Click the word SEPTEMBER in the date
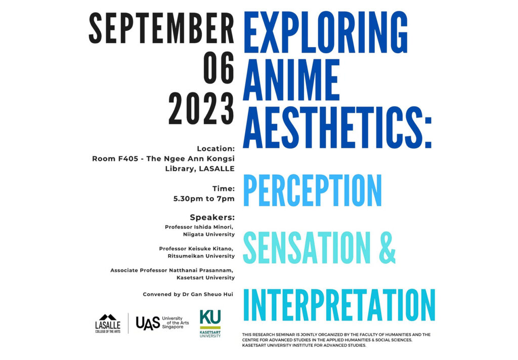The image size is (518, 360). click(x=161, y=28)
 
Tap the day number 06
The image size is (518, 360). click(x=219, y=68)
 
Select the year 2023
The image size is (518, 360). click(x=201, y=108)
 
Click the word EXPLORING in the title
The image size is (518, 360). click(x=325, y=32)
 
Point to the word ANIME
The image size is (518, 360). click(x=291, y=79)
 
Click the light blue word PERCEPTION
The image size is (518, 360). click(x=312, y=190)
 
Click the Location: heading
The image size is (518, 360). click(x=215, y=149)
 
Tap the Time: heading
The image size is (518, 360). click(x=224, y=189)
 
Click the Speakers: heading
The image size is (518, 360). click(x=212, y=218)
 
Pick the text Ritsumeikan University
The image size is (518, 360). click(x=201, y=256)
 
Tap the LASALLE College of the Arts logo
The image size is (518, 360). click(x=108, y=324)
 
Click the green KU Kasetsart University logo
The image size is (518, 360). click(x=210, y=324)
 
